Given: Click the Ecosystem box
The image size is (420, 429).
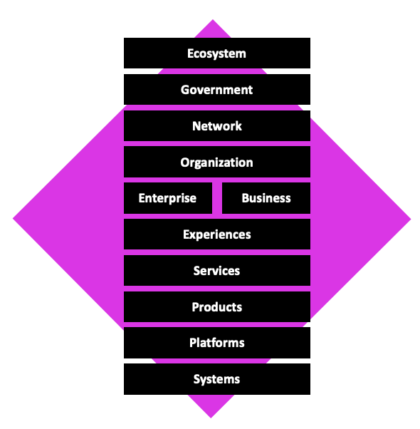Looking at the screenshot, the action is [x=217, y=53].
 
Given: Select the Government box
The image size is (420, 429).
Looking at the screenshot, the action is [x=217, y=90].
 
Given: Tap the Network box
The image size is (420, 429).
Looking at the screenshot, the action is [x=217, y=126].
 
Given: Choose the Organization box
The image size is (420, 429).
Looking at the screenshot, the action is [x=217, y=162].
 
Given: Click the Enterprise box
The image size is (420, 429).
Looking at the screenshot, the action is [x=168, y=198].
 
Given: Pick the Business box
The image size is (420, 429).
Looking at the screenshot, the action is [x=266, y=198].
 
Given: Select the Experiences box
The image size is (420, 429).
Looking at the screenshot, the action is [x=217, y=234].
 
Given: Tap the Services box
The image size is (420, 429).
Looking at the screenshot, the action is [x=217, y=271].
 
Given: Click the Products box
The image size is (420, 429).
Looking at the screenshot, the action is [x=217, y=306].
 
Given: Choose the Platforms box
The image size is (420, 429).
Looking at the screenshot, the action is [x=217, y=343].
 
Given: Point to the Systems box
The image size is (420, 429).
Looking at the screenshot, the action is [x=217, y=379].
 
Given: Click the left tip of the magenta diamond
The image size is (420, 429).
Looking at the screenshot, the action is [x=13, y=219].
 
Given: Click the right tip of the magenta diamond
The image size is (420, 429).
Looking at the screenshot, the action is [x=411, y=219].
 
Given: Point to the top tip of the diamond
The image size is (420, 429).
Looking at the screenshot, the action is [x=212, y=20].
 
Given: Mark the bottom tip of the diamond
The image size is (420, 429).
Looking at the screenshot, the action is [x=211, y=418].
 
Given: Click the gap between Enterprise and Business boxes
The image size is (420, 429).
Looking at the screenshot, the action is [x=217, y=198].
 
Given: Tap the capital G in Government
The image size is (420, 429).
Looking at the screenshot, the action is [x=185, y=90].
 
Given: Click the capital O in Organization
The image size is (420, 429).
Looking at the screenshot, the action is [x=185, y=162].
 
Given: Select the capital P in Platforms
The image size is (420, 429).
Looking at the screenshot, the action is [x=193, y=343].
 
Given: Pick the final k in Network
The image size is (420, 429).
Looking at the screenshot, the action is [x=238, y=126].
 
